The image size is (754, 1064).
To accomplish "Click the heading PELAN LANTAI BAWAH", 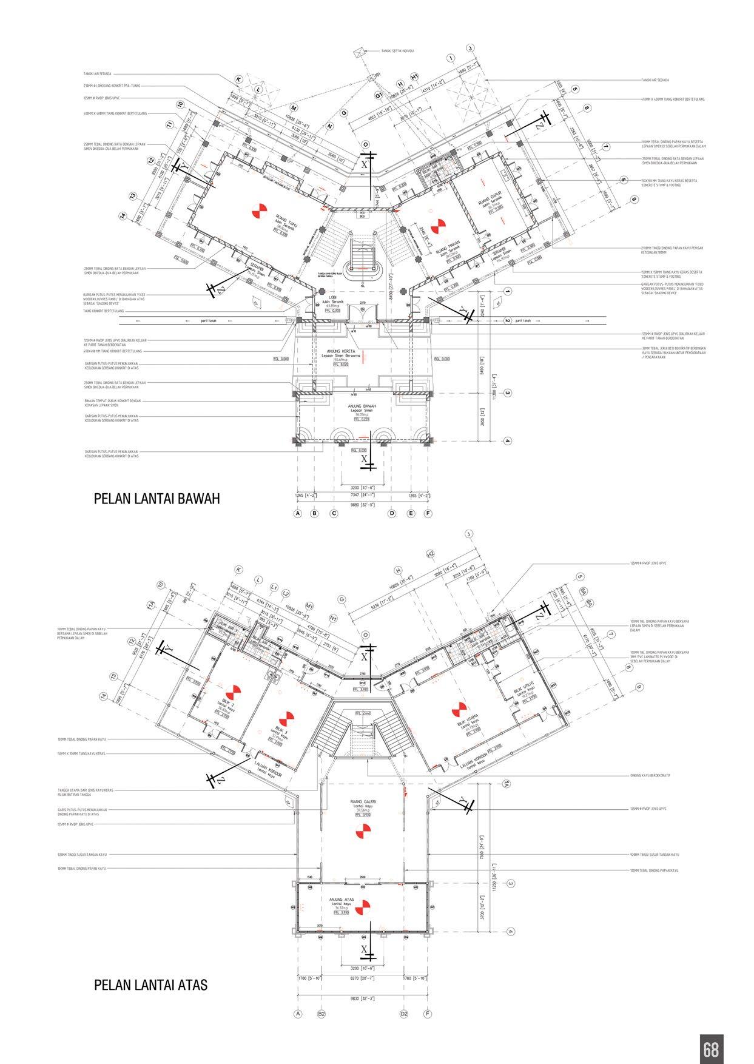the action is point(157,499).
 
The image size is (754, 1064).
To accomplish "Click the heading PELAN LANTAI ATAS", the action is point(150,985).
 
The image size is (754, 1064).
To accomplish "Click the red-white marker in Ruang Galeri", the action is point(364,829).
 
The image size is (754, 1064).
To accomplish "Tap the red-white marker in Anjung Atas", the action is point(363,908).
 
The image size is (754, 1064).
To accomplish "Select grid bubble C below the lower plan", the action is point(334,514).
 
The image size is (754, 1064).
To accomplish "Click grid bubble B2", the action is point(322,1013).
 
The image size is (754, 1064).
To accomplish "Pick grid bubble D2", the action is point(404,1013).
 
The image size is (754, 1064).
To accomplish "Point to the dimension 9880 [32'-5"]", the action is point(363,503).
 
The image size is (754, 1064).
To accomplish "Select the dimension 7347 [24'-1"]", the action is point(363,494).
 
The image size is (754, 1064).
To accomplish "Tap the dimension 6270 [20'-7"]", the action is point(363,977).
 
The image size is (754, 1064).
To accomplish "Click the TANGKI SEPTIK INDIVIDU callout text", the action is point(397,51).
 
